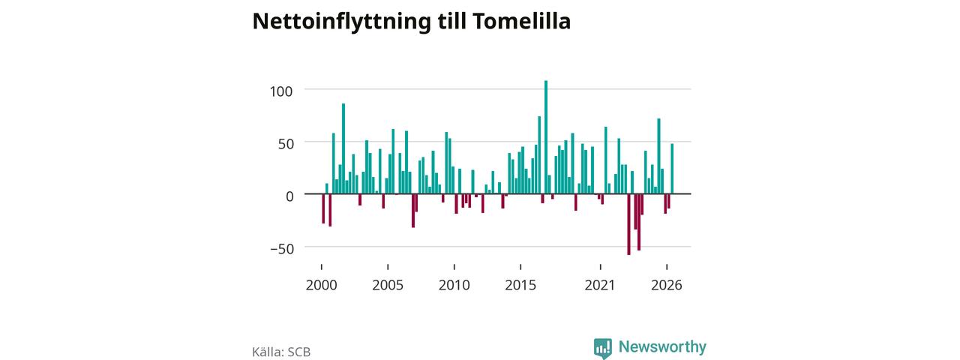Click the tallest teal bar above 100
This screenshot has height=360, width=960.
(x=545, y=137)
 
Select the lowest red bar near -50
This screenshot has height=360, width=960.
(x=628, y=224)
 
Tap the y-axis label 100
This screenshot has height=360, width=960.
(x=281, y=91)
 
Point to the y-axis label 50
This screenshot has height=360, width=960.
(x=286, y=144)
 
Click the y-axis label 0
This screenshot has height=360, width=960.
(x=289, y=196)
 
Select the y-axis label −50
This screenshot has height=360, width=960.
(x=283, y=249)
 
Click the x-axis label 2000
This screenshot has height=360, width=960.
(x=322, y=285)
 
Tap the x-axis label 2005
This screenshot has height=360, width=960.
(x=388, y=285)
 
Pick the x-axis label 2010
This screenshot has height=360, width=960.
(x=454, y=285)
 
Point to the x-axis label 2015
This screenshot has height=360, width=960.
(x=520, y=285)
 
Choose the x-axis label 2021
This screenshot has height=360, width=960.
(x=600, y=285)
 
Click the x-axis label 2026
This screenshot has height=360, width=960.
(x=667, y=285)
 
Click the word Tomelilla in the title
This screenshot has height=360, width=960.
(x=521, y=21)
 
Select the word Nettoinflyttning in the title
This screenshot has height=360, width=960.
(x=341, y=22)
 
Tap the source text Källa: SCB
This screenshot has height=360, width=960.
(x=281, y=352)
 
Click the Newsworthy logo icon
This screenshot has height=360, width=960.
(x=602, y=348)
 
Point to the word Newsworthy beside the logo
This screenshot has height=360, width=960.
(x=662, y=346)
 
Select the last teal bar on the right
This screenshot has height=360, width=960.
(x=672, y=169)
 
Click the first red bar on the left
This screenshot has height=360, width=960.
(x=323, y=208)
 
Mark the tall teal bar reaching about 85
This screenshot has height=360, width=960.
(x=343, y=148)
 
